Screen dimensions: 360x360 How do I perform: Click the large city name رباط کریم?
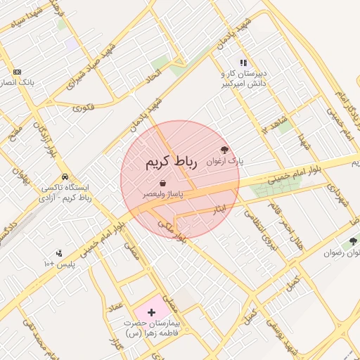pos(169,162)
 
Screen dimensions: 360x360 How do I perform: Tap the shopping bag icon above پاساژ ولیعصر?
pos(163,184)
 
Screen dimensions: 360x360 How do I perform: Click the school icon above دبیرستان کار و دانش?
pos(243,63)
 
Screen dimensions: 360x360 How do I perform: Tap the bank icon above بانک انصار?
pos(17,72)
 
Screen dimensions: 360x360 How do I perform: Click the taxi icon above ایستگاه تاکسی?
pos(65,176)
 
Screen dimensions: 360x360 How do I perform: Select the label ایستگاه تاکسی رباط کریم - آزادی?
pos(67,193)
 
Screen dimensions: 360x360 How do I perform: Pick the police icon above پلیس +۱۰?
pos(58,253)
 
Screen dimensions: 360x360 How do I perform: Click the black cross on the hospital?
pos(151,310)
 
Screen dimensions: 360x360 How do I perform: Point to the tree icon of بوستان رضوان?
pos(353,241)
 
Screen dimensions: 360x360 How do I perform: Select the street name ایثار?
pos(219,210)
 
